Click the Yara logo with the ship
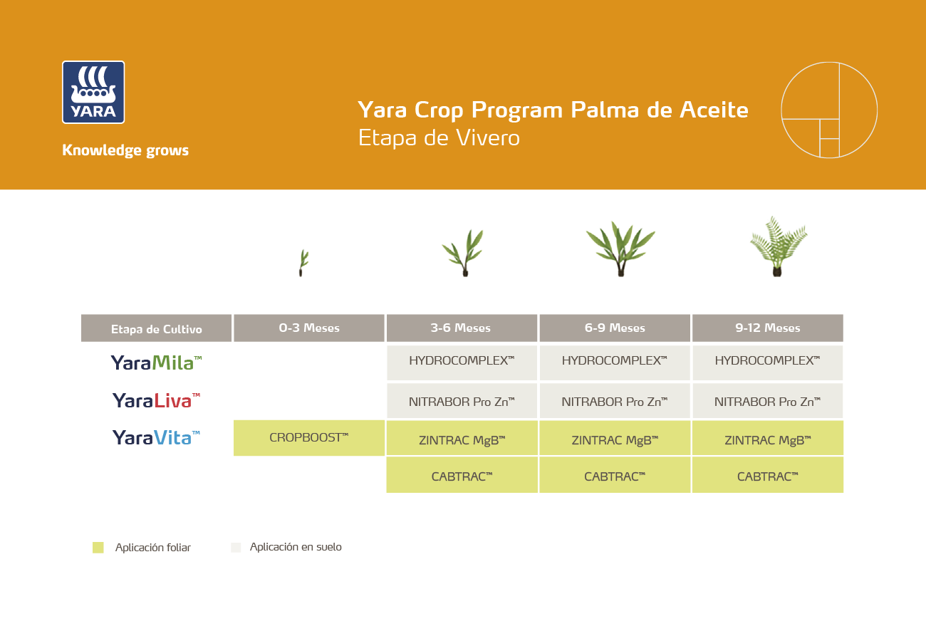click(x=93, y=93)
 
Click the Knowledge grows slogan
click(x=125, y=150)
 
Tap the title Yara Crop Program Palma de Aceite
click(x=553, y=110)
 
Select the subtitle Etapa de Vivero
click(x=439, y=137)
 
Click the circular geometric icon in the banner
click(x=829, y=110)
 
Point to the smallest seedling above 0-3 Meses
click(x=303, y=263)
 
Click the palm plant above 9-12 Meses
click(x=778, y=246)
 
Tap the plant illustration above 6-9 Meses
click(x=620, y=249)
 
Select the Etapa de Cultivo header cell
click(x=157, y=329)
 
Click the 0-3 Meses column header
click(x=309, y=328)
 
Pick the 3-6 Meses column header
click(x=462, y=328)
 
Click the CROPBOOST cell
click(x=309, y=438)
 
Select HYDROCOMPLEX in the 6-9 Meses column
click(x=615, y=361)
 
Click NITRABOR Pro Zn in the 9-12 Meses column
click(x=767, y=402)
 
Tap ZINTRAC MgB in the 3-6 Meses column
click(x=462, y=440)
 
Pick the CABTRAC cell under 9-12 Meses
click(x=767, y=476)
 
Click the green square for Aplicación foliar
click(x=98, y=548)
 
